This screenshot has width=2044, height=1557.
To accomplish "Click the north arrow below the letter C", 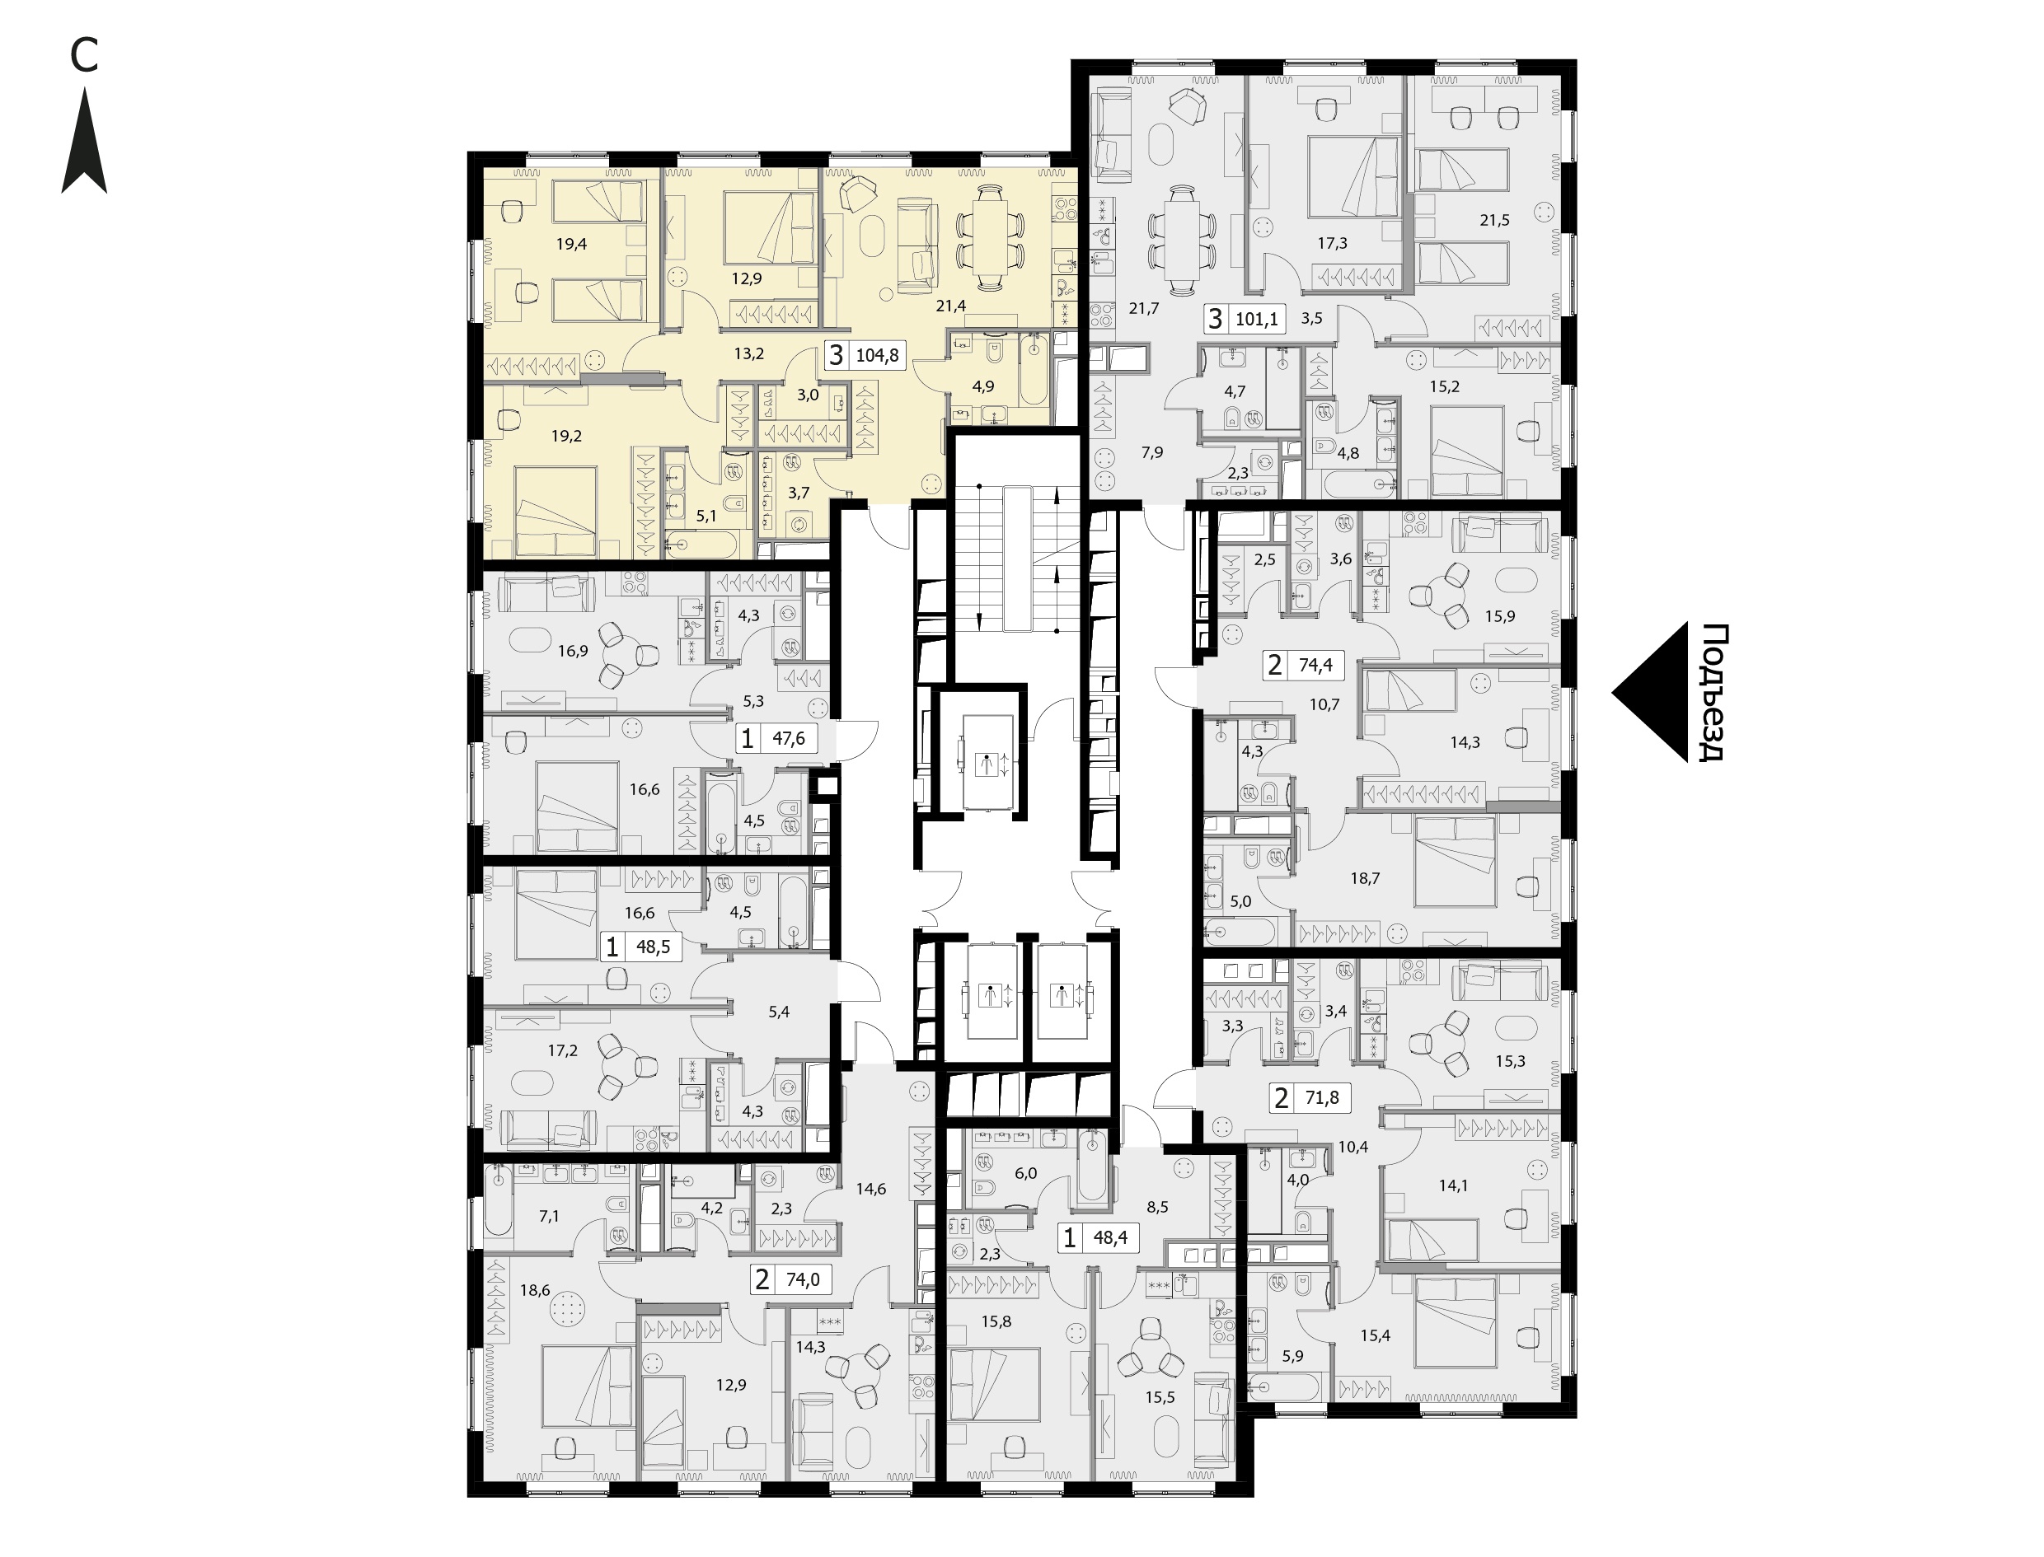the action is (84, 141).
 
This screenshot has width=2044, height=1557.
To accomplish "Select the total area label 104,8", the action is (877, 355).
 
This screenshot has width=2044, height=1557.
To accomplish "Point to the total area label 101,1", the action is (1257, 320).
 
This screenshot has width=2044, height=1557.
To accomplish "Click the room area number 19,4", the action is (571, 245).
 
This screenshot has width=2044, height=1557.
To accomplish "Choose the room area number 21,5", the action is (1494, 221).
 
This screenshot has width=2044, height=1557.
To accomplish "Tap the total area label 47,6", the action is (789, 739).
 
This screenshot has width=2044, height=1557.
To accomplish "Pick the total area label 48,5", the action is (654, 948).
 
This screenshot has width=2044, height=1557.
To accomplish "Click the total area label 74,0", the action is (803, 1281).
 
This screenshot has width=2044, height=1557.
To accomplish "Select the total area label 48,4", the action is (1109, 1238).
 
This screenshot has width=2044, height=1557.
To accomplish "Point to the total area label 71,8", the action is (1321, 1099).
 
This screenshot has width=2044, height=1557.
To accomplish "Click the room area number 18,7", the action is (1365, 878).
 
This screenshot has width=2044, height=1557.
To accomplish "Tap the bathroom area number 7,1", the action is (549, 1216).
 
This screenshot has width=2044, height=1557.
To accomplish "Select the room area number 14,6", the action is (870, 1189).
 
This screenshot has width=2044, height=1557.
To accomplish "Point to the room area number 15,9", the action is (1499, 616).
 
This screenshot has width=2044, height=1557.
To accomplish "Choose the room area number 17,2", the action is (562, 1051).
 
